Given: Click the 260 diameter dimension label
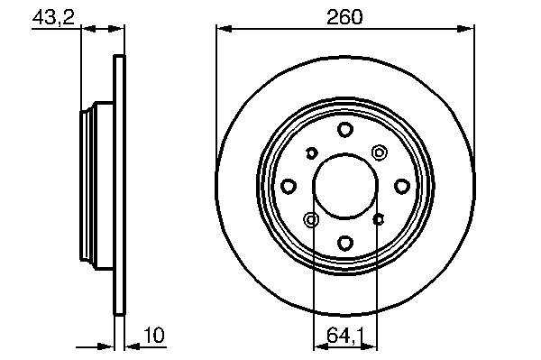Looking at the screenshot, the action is tap(344, 17).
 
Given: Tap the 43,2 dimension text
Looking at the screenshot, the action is tap(53, 17).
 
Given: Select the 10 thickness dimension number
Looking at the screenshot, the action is tap(154, 335).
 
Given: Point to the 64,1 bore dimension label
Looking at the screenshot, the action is tap(345, 336).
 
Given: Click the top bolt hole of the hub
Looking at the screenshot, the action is tap(345, 129).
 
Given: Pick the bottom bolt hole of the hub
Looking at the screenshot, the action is tap(345, 243).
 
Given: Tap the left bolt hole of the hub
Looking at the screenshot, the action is tap(289, 187).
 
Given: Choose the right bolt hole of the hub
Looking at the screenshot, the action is tap(402, 187).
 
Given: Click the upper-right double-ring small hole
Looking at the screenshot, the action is tap(380, 152).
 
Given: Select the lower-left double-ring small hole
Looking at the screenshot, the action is tap(311, 220).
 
